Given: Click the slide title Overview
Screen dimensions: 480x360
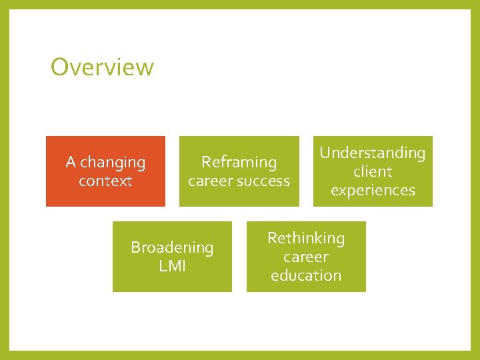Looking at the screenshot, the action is (x=102, y=67).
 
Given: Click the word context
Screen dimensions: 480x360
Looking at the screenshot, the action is (x=105, y=181).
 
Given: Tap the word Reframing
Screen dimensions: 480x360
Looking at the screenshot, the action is (x=239, y=162).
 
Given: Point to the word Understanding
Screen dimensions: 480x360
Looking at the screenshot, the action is (x=372, y=153).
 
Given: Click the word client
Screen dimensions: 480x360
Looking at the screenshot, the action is (x=373, y=171).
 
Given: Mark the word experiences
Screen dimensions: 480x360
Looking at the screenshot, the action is (x=373, y=190).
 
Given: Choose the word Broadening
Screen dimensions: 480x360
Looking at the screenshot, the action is (x=172, y=247).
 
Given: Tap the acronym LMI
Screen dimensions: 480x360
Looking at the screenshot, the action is (x=172, y=266).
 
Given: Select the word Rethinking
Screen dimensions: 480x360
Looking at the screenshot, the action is (x=306, y=238).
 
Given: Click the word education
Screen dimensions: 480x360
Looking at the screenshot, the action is (x=306, y=275).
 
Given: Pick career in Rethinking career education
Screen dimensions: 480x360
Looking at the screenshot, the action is (x=306, y=257).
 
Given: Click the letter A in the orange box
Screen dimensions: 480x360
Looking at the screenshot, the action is (x=71, y=162).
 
